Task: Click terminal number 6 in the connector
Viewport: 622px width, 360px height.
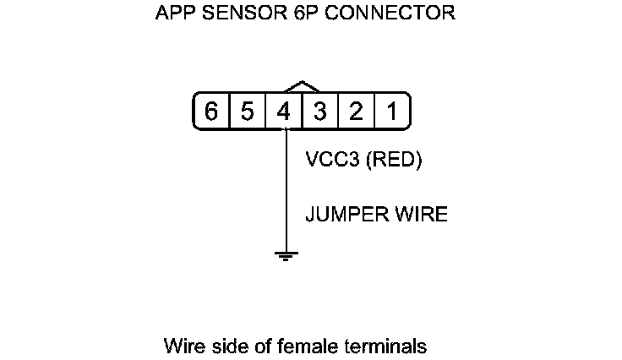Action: pyautogui.click(x=211, y=112)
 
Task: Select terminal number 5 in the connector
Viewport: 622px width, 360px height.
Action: pyautogui.click(x=248, y=112)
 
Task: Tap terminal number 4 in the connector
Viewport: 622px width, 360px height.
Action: pyautogui.click(x=284, y=112)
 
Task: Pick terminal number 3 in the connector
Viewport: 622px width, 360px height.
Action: pyautogui.click(x=320, y=112)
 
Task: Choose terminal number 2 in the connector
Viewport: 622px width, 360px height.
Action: pyautogui.click(x=357, y=112)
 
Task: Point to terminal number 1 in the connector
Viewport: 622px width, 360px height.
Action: pyautogui.click(x=392, y=112)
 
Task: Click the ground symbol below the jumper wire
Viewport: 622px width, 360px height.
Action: pyautogui.click(x=287, y=255)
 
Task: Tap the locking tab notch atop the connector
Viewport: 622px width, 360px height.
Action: pyautogui.click(x=303, y=86)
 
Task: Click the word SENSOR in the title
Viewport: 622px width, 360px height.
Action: pyautogui.click(x=232, y=14)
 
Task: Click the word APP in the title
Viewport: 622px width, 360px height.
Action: pyautogui.click(x=173, y=14)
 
